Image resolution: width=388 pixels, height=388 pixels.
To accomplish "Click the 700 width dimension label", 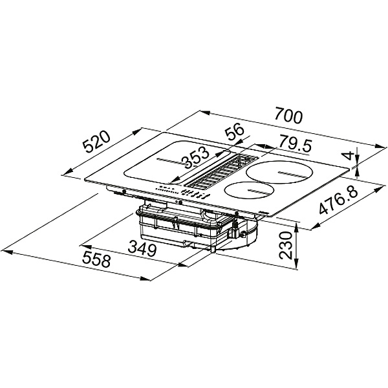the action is pyautogui.click(x=288, y=116).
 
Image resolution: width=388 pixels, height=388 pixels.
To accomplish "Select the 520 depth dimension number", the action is pyautogui.click(x=96, y=142).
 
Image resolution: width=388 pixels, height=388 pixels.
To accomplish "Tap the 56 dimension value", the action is pyautogui.click(x=235, y=131).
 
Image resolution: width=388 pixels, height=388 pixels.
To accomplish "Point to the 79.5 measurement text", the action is pyautogui.click(x=295, y=144).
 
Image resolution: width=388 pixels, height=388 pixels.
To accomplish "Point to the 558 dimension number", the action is pyautogui.click(x=96, y=259).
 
